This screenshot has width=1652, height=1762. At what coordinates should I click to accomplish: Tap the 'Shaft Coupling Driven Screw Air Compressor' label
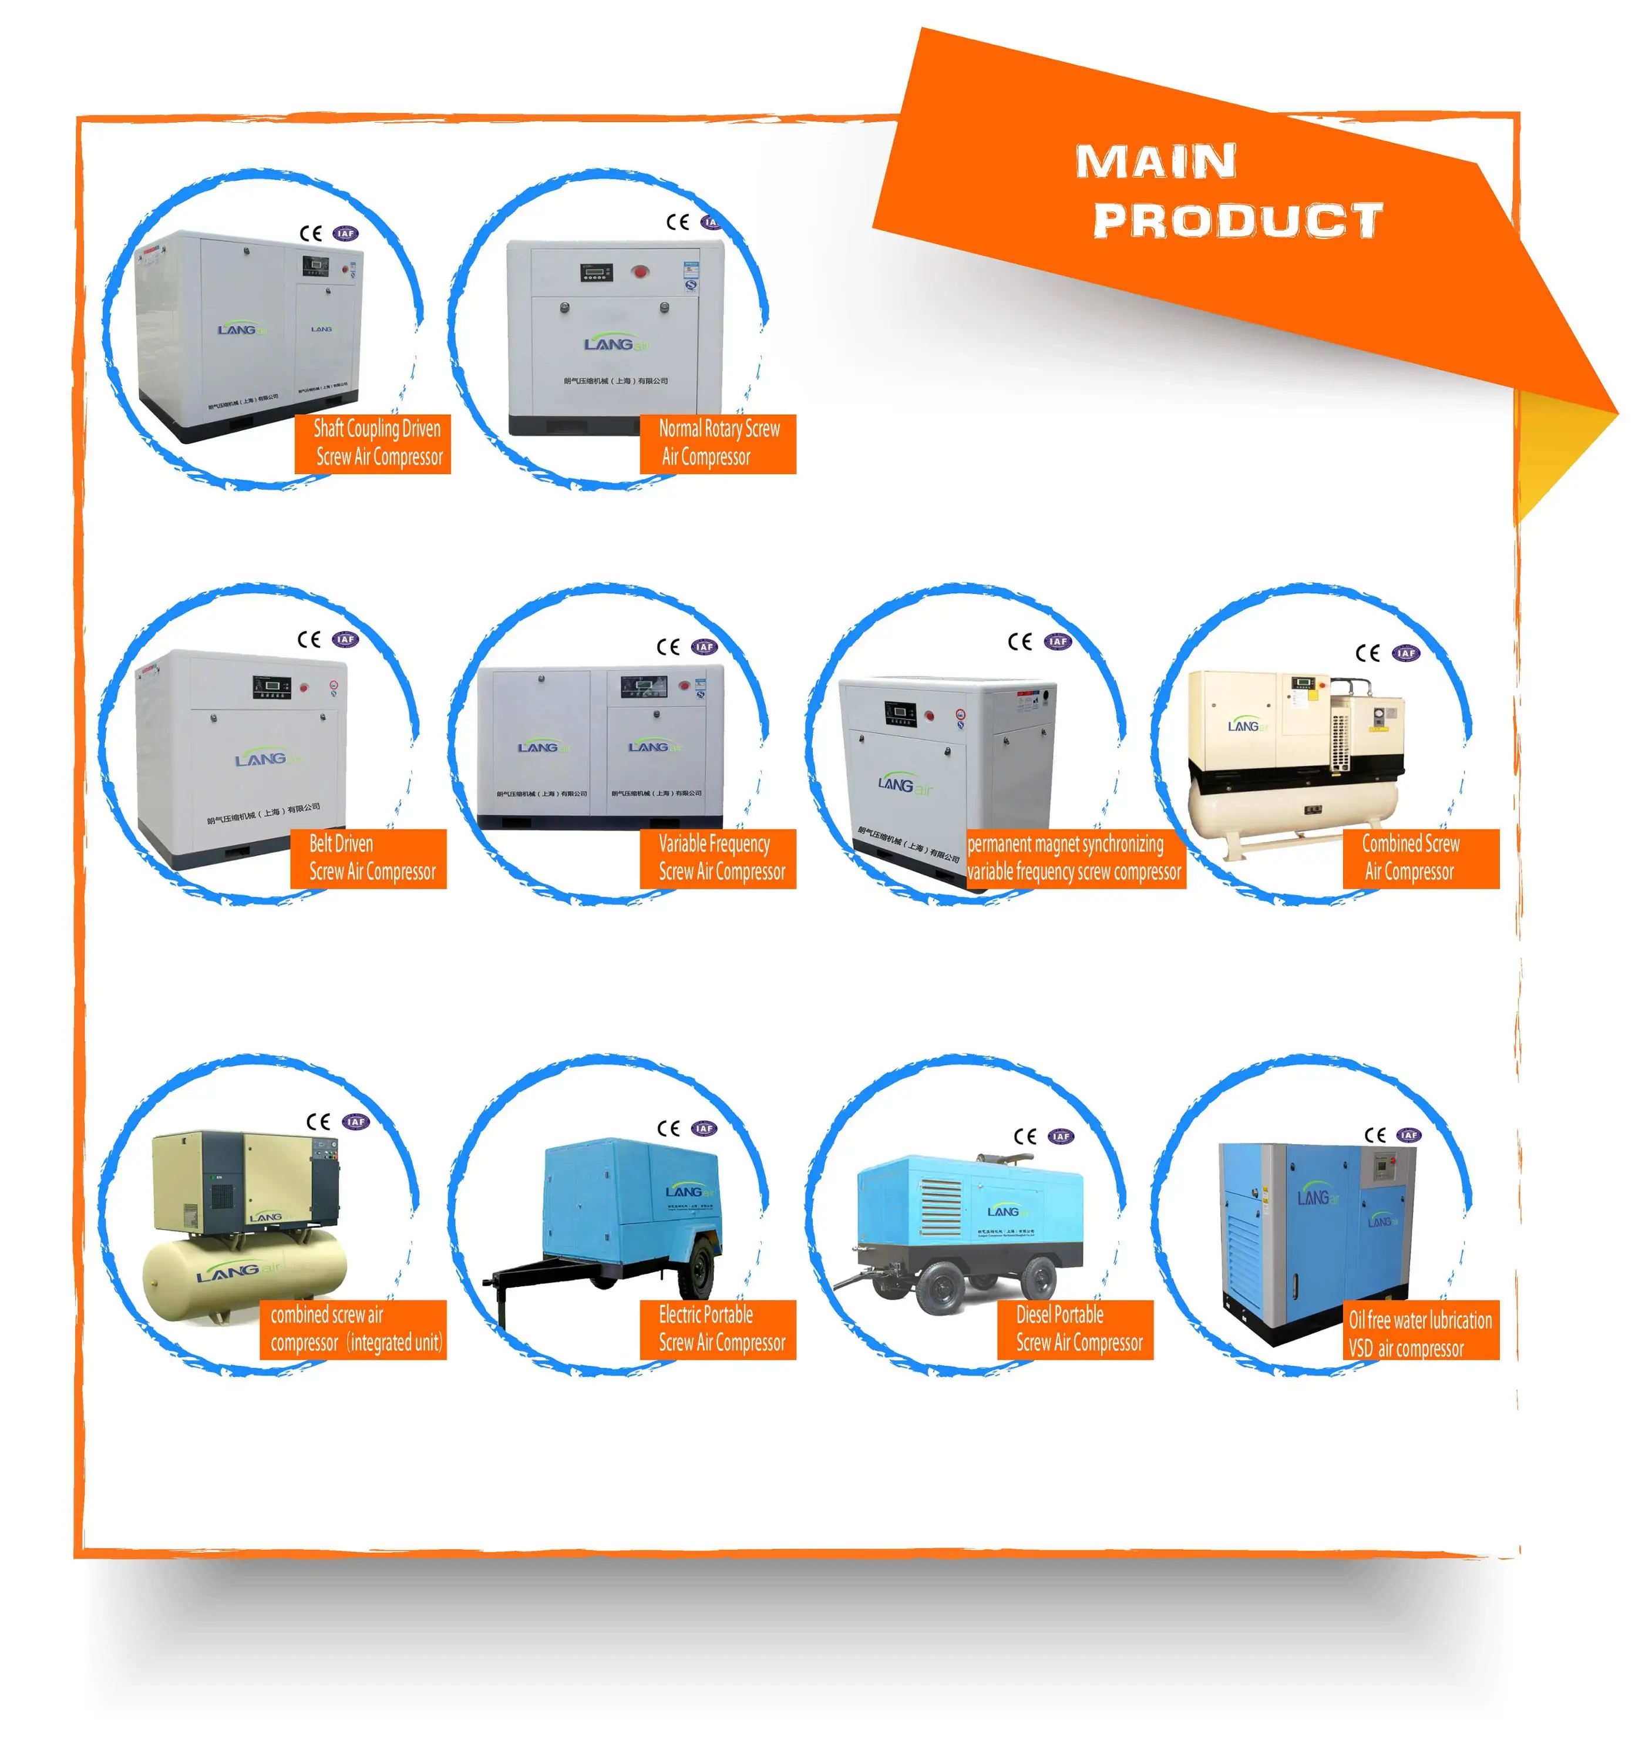(x=373, y=443)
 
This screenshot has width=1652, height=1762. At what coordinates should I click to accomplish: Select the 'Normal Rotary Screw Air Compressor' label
(x=717, y=443)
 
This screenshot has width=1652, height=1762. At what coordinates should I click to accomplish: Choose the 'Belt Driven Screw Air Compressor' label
(x=369, y=858)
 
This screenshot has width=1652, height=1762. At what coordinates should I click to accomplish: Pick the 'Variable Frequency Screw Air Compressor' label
(x=718, y=858)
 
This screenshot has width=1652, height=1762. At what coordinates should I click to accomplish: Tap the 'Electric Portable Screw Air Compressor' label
(x=718, y=1329)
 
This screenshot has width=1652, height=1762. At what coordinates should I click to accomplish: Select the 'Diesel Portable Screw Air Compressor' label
(x=1075, y=1329)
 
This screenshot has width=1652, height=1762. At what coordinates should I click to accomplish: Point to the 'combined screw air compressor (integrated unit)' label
(x=354, y=1329)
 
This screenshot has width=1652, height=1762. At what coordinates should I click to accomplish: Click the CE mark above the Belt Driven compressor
(x=308, y=640)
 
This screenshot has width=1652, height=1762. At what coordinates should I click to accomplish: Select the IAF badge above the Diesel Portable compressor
(x=1061, y=1136)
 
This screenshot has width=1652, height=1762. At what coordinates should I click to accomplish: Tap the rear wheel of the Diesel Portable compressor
(x=1038, y=1277)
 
